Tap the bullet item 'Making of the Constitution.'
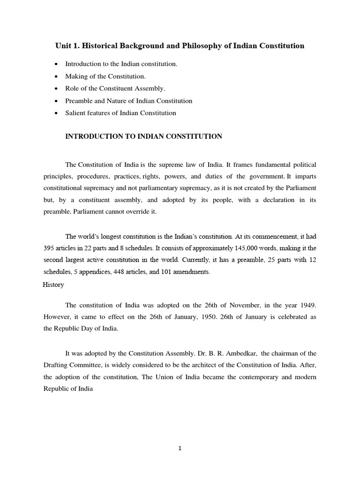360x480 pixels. pos(105,76)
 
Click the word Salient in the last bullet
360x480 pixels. pos(75,113)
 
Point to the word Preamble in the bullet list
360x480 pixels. pos(80,101)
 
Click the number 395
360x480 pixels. pos(50,248)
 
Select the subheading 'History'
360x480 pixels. pos(53,285)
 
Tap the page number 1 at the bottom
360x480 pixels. pos(180,448)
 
